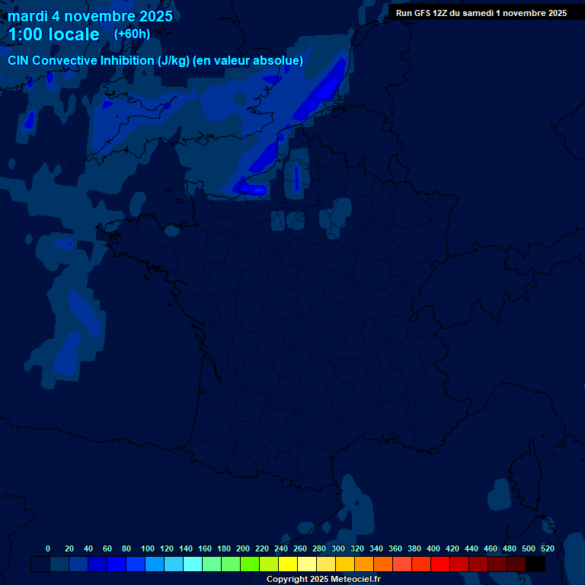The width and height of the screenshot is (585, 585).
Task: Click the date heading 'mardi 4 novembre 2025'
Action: (x=90, y=16)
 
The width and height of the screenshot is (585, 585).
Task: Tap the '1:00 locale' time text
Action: (x=53, y=34)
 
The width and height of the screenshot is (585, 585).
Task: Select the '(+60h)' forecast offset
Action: (x=132, y=34)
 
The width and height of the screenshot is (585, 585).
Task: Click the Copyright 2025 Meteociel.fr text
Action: (x=324, y=580)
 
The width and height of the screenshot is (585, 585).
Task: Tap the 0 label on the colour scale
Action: (x=48, y=548)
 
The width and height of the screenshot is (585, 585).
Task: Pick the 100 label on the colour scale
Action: (x=148, y=548)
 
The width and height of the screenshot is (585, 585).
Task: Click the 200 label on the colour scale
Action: (x=243, y=548)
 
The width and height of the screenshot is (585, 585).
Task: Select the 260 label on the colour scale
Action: (x=300, y=548)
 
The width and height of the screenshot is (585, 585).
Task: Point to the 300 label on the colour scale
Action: (x=338, y=548)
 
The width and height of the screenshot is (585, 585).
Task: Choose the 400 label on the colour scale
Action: (x=433, y=548)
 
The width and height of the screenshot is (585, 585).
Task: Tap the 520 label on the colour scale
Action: (x=548, y=548)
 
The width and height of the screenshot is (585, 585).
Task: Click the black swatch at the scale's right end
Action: (x=535, y=564)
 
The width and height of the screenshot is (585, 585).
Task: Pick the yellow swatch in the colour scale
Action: (x=288, y=564)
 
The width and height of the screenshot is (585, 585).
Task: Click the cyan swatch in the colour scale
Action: (x=193, y=564)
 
